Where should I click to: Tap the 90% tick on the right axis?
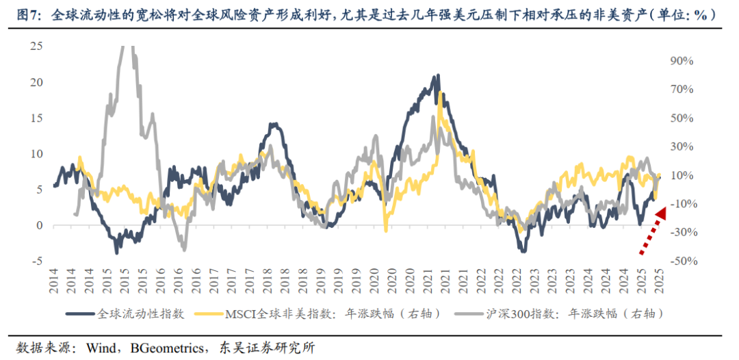[x=682, y=60]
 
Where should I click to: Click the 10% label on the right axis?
[x=682, y=175]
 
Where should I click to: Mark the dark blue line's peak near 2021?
[x=436, y=76]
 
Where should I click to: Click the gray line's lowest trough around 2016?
[x=183, y=249]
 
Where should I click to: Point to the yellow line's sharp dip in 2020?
[x=386, y=231]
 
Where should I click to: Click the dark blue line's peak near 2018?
[x=273, y=124]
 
